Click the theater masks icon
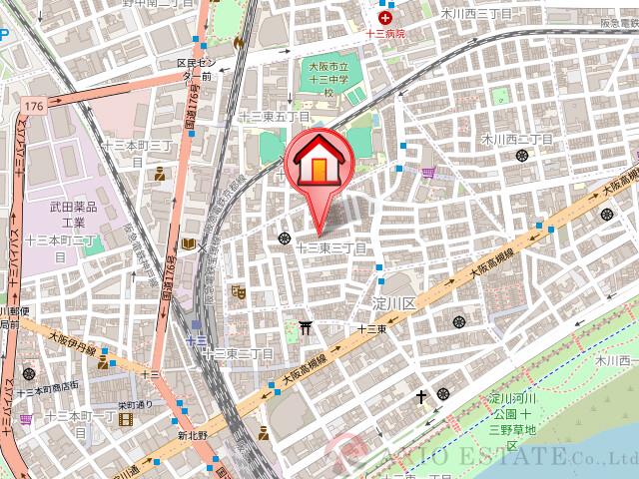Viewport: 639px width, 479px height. (x=238, y=292)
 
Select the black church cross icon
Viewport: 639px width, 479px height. (x=421, y=396)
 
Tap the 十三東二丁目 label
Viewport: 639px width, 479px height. (x=238, y=353)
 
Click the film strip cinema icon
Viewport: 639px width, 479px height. (x=126, y=421)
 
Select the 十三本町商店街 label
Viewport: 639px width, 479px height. (x=48, y=388)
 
